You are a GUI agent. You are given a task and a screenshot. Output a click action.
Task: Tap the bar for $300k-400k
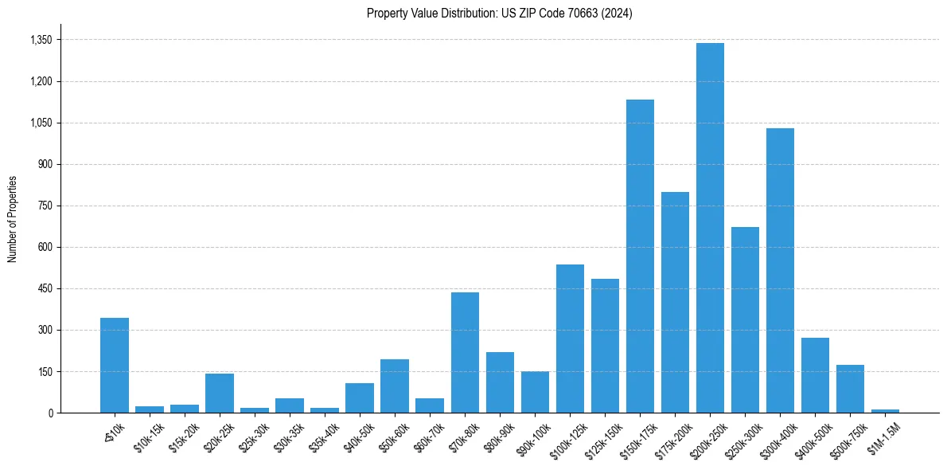[x=780, y=271]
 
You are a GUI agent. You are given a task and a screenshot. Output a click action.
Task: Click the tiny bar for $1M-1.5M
[x=885, y=411]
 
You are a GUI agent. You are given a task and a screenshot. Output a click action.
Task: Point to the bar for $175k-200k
[x=675, y=303]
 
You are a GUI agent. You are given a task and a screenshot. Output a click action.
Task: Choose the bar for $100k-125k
[x=570, y=339]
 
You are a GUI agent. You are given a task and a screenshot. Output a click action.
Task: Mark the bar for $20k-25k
[x=220, y=394]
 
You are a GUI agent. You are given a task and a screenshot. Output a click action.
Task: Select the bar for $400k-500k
[x=815, y=375]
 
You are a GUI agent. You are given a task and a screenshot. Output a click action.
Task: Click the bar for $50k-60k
[x=395, y=386]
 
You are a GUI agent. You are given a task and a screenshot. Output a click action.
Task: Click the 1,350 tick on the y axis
[x=41, y=40]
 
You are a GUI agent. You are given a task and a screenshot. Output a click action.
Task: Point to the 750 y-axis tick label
[x=46, y=206]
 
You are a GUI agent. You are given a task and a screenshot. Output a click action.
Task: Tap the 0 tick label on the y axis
[x=51, y=413]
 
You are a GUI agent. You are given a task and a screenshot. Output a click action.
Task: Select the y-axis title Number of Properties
[x=13, y=219]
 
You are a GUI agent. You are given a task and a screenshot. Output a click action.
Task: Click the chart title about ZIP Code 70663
[x=499, y=14]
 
